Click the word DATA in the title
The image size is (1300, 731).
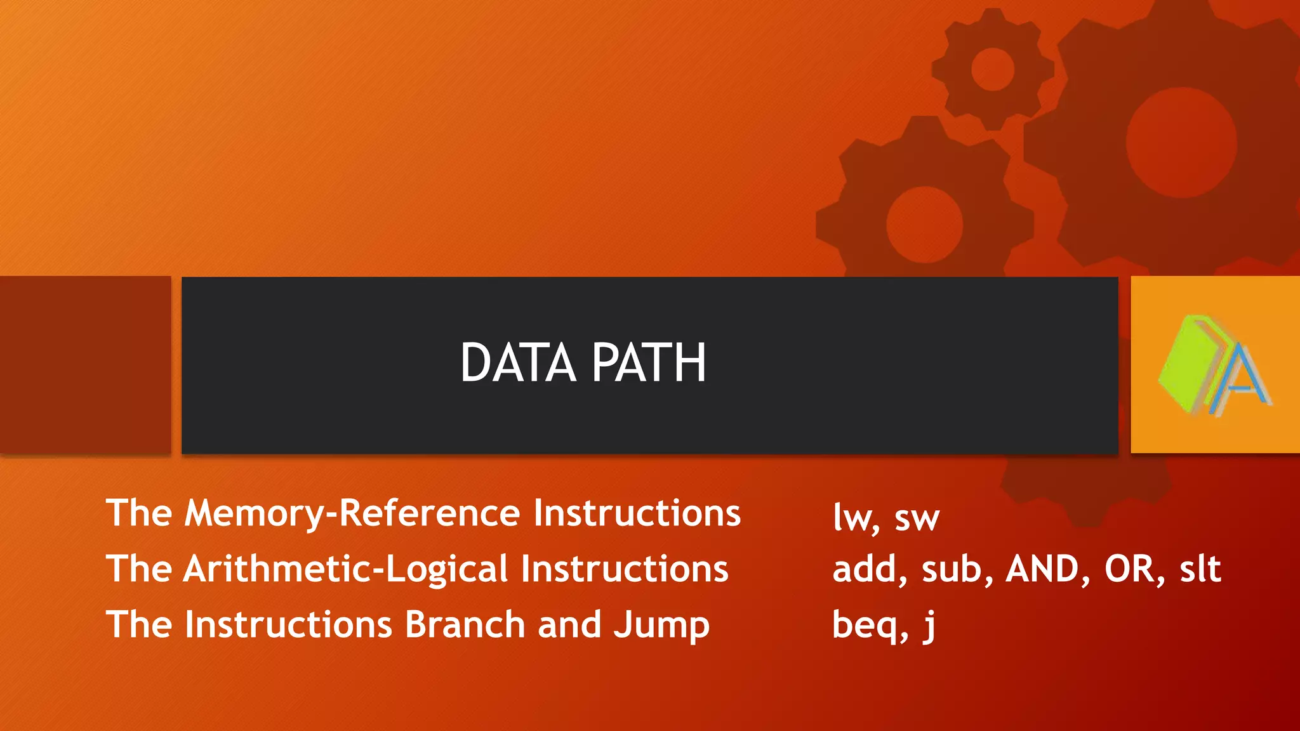[517, 363]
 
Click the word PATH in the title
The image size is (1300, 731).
[649, 363]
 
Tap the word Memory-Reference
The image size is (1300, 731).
[352, 513]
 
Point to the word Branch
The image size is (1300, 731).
[465, 624]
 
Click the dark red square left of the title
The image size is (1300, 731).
[85, 364]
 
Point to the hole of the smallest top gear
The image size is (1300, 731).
[992, 69]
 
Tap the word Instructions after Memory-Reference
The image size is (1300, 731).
[637, 513]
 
